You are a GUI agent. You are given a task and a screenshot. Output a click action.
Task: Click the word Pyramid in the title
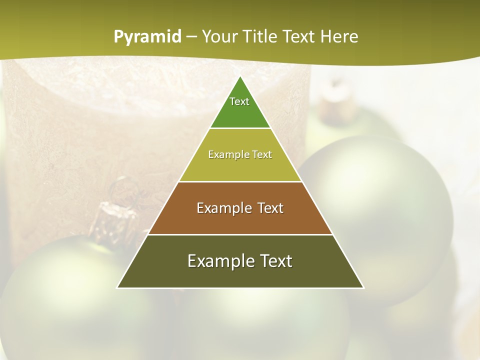[x=147, y=37]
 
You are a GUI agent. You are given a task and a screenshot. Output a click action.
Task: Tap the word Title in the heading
[x=261, y=37]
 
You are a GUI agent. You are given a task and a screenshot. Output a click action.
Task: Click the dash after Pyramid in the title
[x=191, y=37]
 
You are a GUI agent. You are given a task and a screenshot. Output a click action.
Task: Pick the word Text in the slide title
[x=299, y=37]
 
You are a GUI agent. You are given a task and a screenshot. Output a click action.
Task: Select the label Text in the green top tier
[x=239, y=101]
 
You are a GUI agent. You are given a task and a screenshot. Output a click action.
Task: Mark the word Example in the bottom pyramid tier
[x=220, y=261]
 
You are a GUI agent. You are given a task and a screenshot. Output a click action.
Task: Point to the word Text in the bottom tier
[x=274, y=261]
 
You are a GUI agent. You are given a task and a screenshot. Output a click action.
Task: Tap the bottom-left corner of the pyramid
[x=117, y=287]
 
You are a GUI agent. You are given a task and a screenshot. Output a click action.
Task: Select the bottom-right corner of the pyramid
[x=363, y=287]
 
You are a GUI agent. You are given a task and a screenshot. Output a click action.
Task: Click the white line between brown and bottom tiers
[x=240, y=234]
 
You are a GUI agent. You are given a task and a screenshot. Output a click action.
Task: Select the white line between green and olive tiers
[x=240, y=128]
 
